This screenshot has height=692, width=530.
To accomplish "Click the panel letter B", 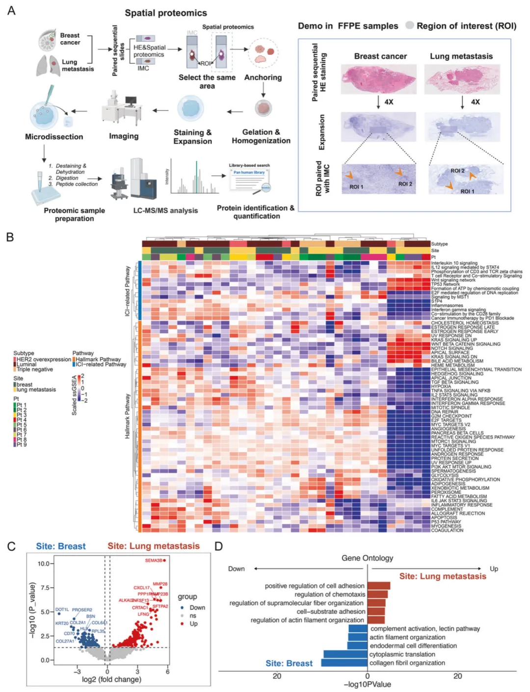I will point(10,237).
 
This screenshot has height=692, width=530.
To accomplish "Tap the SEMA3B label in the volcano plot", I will point(153,560).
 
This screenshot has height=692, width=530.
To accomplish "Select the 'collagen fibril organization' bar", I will point(344,663).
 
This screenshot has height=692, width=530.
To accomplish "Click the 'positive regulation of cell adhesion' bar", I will point(379,586).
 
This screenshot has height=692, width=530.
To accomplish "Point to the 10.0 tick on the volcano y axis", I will point(44,564).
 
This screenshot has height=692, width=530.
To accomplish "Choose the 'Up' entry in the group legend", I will point(193,623).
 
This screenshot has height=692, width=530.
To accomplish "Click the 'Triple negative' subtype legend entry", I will point(34,370).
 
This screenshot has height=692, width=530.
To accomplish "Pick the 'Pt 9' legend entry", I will point(21,445).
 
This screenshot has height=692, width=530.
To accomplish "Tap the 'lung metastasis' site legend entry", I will point(36,390).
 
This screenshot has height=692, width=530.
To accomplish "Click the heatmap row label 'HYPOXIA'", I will point(441,386).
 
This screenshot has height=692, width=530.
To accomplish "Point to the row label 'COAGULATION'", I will point(447,530).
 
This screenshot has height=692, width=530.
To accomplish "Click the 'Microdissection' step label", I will point(54,137).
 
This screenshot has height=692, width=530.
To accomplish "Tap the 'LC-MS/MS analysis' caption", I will point(165,210).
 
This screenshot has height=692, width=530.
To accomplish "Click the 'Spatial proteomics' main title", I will point(165,13).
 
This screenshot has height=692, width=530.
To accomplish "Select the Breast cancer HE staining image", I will point(378,78).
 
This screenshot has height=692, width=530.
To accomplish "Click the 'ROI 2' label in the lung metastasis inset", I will point(457,171).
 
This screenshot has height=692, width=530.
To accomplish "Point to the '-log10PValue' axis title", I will point(367,684).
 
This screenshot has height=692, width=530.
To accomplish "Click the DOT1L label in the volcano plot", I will point(62,610).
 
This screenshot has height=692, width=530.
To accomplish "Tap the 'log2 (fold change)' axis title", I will point(111,679).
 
